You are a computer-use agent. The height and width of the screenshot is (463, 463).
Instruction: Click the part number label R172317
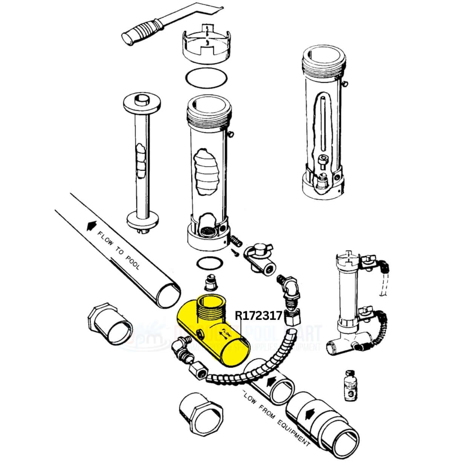coord(258,315)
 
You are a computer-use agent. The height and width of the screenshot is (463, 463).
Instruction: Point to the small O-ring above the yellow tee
coord(206,263)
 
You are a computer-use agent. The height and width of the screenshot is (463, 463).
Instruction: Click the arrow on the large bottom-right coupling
coord(308,414)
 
